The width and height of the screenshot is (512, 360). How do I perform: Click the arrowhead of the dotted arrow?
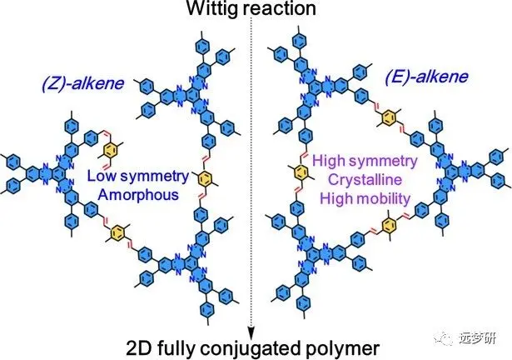pos(251,326)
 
